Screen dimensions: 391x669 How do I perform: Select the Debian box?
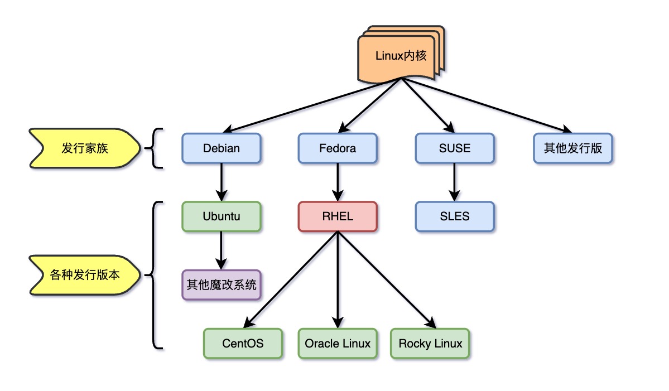[x=222, y=148]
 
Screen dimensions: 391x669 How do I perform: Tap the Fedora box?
[x=338, y=148]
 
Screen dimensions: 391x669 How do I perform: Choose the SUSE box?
[x=454, y=148]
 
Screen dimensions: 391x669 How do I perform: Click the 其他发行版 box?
[x=572, y=148]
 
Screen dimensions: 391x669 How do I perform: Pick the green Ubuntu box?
[x=222, y=216]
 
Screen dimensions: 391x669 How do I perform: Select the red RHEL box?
[x=338, y=216]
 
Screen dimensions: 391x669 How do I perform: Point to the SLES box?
[x=454, y=216]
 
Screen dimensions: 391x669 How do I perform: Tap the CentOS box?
[x=243, y=343]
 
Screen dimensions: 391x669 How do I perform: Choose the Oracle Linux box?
[x=338, y=343]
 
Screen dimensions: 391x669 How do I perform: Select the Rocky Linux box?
[x=430, y=343]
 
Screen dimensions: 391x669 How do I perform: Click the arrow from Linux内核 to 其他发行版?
[x=485, y=107]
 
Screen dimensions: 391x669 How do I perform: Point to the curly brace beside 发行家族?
[x=155, y=148]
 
